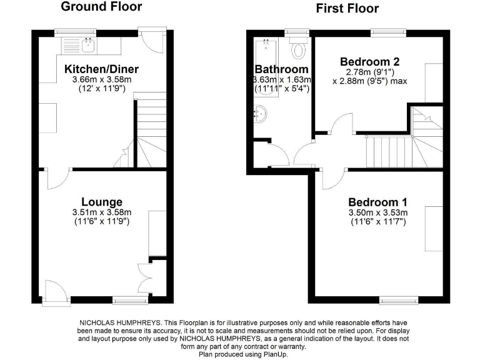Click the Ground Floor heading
[x=101, y=7]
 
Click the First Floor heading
[x=347, y=8]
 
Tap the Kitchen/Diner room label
[x=101, y=69]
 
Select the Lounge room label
[x=101, y=202]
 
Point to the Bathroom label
[x=281, y=69]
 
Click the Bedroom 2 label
[x=369, y=62]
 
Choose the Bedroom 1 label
[x=377, y=202]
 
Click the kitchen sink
[x=87, y=44]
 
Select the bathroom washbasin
[x=261, y=114]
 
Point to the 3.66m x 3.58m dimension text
[x=101, y=79]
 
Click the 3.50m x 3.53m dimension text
[x=377, y=213]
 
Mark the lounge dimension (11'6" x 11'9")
[x=101, y=221]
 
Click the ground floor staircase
[x=150, y=134]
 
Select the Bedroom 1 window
[x=399, y=300]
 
